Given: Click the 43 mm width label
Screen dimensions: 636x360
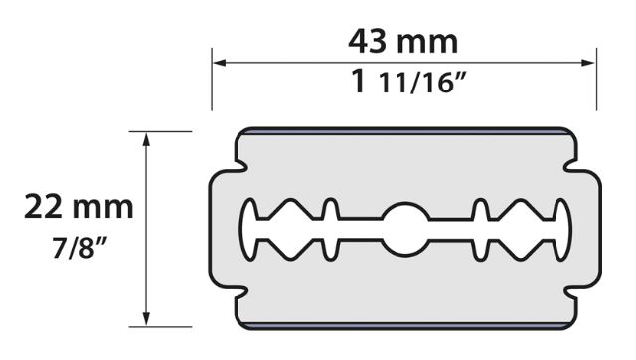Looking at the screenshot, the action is click(403, 42).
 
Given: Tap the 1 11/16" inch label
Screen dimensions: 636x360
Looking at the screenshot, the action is click(406, 82).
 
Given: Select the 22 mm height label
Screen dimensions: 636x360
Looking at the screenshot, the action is click(79, 207).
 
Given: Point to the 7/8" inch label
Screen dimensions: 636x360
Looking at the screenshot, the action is click(79, 248).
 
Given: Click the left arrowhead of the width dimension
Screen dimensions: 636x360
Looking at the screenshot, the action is click(219, 63).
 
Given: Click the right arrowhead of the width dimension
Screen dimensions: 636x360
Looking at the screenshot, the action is click(588, 63).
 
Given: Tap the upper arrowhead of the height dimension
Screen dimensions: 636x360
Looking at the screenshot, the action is click(146, 139).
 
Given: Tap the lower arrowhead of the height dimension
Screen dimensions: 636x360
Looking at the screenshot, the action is click(146, 319).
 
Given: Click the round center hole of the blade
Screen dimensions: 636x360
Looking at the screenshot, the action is click(405, 229).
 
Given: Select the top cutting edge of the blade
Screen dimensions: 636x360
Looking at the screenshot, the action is click(405, 130).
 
